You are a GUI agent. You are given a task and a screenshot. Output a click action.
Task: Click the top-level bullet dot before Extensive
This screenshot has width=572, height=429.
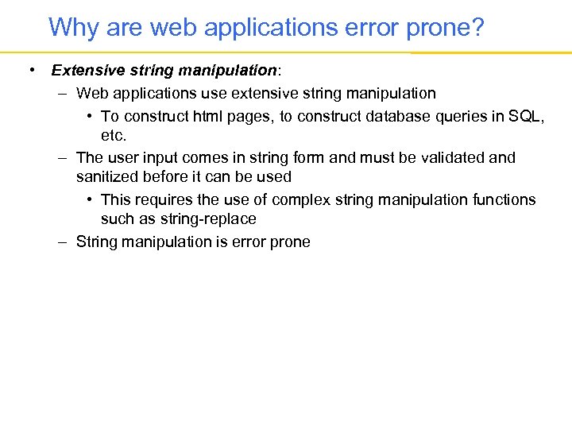pyautogui.click(x=29, y=71)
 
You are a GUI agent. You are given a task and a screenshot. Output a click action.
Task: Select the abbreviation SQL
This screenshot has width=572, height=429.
pyautogui.click(x=525, y=117)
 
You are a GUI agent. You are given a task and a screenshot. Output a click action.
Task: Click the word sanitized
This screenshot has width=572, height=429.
pyautogui.click(x=109, y=177)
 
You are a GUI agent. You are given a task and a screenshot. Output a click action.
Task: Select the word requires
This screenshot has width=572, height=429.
pyautogui.click(x=163, y=199)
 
